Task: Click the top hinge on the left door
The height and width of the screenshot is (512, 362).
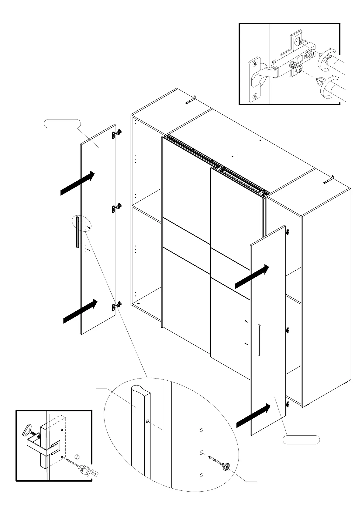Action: tap(117, 133)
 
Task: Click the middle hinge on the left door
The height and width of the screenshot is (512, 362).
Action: tap(117, 208)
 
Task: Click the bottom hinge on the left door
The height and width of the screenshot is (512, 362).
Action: tap(117, 305)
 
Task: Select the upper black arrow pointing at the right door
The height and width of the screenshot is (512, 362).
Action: tap(252, 276)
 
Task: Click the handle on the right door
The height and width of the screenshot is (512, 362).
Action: tap(259, 340)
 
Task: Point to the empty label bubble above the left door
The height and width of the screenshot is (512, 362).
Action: tap(62, 124)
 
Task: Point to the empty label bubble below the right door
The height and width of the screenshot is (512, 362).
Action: tap(301, 440)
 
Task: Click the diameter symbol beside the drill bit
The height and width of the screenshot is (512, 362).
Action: tap(77, 457)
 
